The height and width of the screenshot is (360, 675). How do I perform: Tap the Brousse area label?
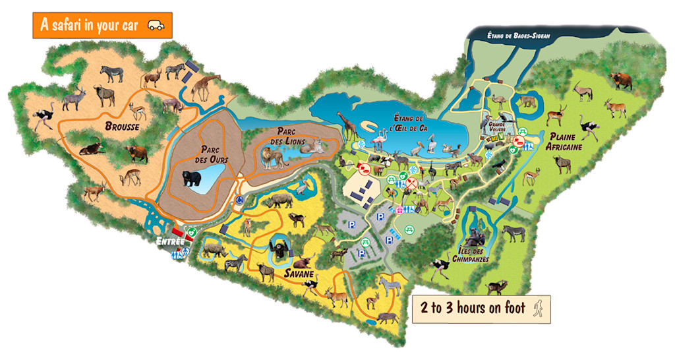[121, 126]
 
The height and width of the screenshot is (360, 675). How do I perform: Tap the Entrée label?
[169, 242]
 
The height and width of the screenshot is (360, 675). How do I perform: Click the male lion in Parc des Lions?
[271, 157]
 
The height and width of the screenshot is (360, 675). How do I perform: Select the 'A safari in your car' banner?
[102, 25]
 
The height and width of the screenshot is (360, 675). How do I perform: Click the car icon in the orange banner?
[156, 26]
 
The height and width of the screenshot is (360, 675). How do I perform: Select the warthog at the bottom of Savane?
[386, 317]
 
